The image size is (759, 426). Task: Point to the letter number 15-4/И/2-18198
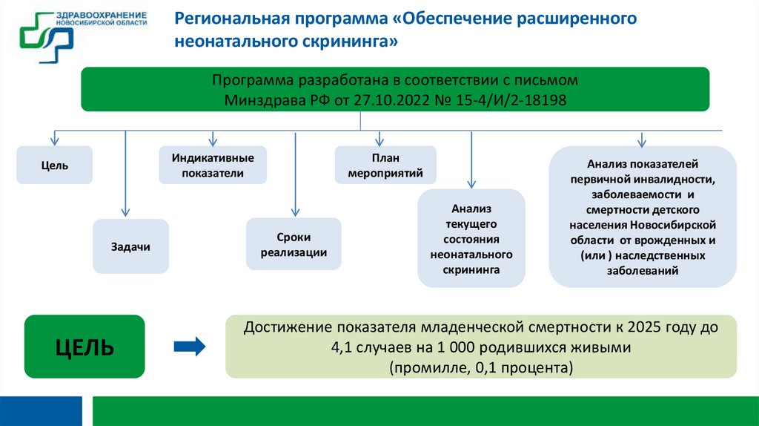click(x=511, y=99)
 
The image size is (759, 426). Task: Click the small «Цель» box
click(x=55, y=165)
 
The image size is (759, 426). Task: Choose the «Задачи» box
click(x=130, y=246)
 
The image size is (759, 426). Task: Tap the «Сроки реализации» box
click(x=294, y=244)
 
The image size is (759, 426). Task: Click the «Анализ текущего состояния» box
click(x=471, y=238)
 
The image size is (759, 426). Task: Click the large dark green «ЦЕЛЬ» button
click(x=84, y=346)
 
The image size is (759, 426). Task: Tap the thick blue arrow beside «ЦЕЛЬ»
click(x=188, y=346)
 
